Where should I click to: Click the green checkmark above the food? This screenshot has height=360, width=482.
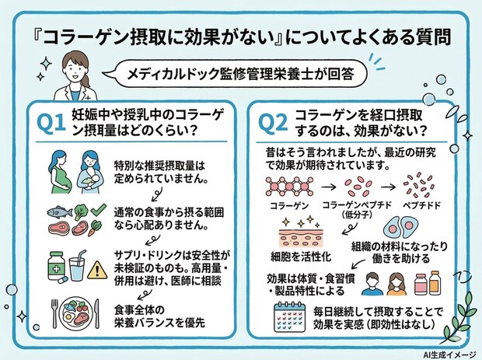(x=97, y=210)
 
